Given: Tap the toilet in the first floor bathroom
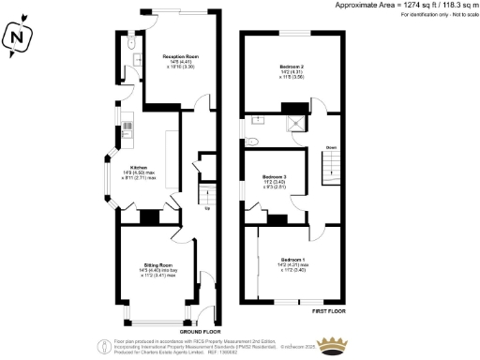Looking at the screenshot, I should tap(253, 142).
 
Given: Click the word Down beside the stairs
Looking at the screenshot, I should tap(330, 148).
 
